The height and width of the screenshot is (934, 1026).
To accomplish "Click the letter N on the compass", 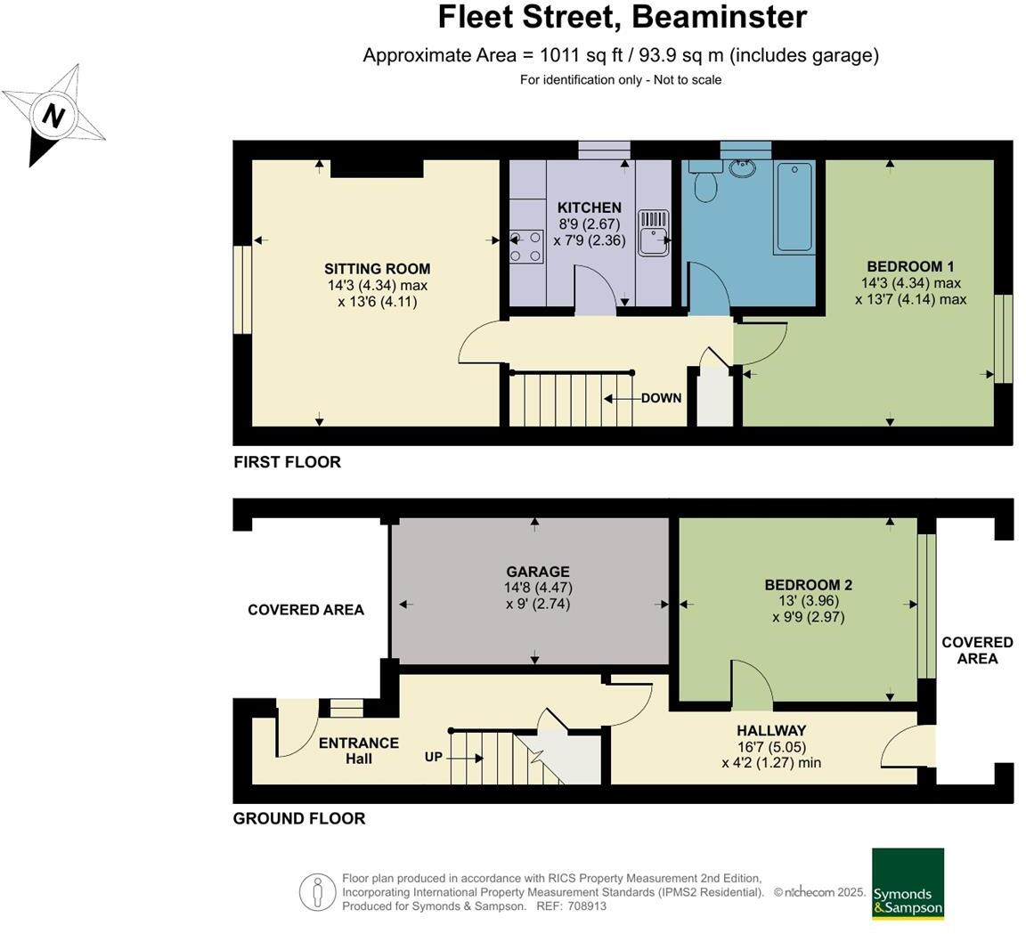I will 55,117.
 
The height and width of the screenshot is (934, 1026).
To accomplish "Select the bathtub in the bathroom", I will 794,207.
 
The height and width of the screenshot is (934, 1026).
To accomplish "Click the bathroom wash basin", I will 741,168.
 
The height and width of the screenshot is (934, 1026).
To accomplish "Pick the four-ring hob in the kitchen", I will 526,247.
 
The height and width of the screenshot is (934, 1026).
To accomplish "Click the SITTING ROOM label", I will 377,269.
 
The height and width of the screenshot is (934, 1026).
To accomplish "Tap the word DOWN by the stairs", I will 661,398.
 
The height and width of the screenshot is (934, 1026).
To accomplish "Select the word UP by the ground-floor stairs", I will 434,757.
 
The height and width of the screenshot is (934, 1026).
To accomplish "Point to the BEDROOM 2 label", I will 808,585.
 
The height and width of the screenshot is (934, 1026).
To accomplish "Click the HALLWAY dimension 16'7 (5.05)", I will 770,747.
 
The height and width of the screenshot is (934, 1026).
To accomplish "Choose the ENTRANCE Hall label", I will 359,751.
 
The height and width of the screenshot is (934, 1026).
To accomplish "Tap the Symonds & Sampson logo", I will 907,883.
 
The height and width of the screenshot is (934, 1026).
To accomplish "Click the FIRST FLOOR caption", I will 287,462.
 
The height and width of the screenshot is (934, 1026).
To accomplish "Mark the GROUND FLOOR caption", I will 299,818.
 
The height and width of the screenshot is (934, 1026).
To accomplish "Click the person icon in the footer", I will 316,892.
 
